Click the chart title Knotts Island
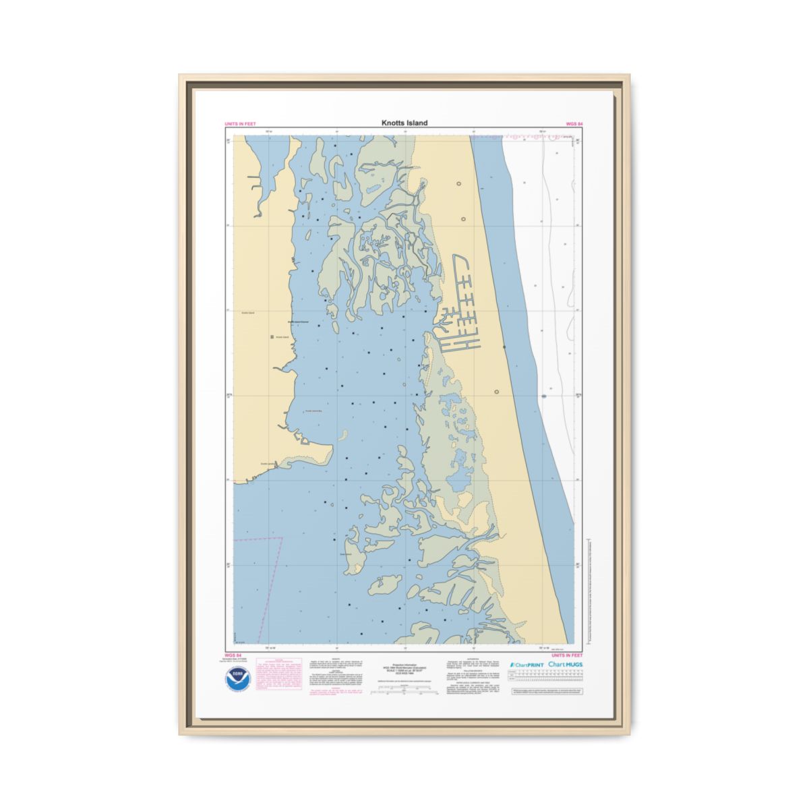click(404, 123)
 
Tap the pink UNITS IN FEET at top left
click(240, 124)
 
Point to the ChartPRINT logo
click(527, 665)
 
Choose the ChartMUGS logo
click(565, 665)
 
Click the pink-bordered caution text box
click(276, 678)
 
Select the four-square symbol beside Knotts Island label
click(272, 336)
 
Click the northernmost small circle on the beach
click(459, 183)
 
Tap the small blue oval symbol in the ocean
click(543, 396)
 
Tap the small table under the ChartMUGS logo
click(546, 678)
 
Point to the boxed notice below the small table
click(546, 692)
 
